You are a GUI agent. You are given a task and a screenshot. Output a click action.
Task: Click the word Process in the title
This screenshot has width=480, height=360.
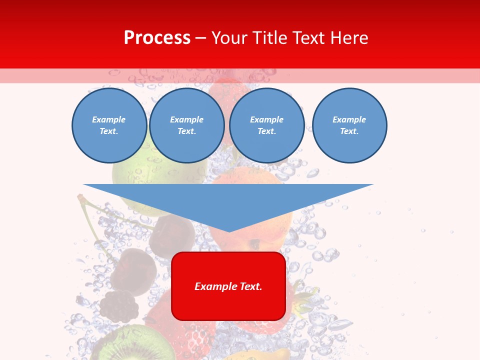[x=157, y=38]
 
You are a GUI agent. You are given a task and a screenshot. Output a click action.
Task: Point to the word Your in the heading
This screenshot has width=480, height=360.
[x=230, y=38]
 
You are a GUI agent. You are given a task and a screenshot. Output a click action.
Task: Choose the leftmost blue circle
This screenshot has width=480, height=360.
[x=109, y=125]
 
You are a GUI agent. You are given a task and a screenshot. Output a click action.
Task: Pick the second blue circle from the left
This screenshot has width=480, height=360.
[x=187, y=125]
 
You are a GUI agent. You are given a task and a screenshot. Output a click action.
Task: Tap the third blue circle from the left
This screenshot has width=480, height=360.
[x=267, y=125]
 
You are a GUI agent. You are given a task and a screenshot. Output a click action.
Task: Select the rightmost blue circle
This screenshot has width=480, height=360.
[x=349, y=125]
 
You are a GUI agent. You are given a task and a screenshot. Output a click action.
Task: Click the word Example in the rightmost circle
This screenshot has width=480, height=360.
[x=349, y=119]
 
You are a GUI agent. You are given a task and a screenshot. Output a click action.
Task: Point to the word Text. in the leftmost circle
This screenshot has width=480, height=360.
[x=109, y=131]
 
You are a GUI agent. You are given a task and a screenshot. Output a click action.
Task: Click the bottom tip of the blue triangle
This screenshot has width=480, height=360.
[x=229, y=231]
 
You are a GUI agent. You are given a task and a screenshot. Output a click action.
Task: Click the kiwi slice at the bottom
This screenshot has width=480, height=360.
[x=122, y=345]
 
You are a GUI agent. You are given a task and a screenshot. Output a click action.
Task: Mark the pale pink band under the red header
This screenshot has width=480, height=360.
[x=240, y=75]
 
